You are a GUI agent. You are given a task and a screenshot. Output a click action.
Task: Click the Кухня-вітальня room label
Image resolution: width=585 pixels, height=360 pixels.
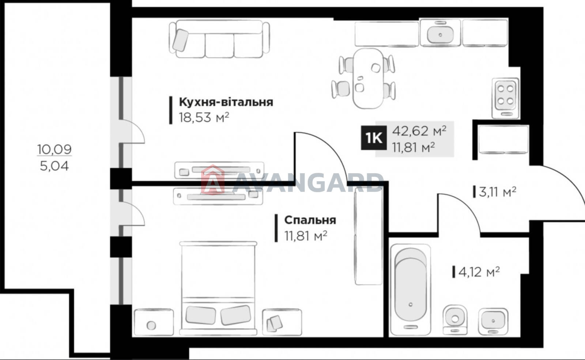click(226, 102)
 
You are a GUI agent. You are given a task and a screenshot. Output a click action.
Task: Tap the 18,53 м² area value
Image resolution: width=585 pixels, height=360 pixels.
click(204, 117)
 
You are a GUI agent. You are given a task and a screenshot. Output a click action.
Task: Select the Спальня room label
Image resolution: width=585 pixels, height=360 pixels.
click(310, 220)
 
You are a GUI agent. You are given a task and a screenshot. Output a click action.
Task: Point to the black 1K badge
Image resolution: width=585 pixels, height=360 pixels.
click(374, 138)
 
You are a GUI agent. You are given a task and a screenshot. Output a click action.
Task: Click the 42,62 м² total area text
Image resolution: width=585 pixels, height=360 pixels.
click(419, 131)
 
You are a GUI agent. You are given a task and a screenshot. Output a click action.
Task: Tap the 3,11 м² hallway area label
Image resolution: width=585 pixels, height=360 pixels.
click(498, 192)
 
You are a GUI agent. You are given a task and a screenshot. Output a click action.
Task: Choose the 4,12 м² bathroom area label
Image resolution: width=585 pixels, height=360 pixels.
click(479, 272)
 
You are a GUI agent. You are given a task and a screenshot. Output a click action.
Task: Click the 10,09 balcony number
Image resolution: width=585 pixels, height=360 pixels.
click(54, 149)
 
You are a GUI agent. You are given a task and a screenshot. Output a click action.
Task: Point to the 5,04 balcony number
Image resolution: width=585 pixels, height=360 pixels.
click(54, 166)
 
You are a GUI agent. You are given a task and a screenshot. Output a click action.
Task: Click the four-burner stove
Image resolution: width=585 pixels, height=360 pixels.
click(505, 98)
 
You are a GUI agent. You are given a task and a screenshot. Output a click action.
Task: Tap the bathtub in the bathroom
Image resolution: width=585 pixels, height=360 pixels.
click(410, 289)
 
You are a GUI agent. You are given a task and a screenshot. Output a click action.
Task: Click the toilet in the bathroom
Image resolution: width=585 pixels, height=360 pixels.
click(455, 320)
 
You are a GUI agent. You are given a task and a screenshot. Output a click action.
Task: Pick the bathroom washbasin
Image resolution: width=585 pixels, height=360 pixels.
click(493, 321)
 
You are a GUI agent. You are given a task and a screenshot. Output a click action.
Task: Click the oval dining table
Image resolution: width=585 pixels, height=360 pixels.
click(368, 78)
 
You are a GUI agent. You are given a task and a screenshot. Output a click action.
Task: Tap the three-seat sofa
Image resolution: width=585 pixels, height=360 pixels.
click(219, 39)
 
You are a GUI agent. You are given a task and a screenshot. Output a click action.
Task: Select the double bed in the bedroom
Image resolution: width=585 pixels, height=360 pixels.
click(218, 288)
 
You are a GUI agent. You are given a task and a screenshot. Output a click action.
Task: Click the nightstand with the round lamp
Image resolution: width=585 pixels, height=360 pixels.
click(154, 322)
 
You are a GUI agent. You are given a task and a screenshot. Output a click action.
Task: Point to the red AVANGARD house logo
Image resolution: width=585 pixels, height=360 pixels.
click(213, 180)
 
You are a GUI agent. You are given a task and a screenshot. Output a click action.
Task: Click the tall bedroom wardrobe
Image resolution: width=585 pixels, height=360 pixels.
click(369, 236)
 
